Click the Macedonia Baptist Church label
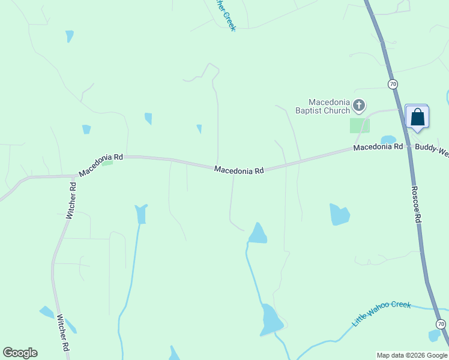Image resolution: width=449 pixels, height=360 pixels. pyautogui.click(x=329, y=106)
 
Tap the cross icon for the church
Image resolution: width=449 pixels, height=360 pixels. pyautogui.click(x=359, y=106)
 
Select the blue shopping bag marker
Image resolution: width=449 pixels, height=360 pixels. pyautogui.click(x=417, y=117)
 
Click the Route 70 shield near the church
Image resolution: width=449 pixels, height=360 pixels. pyautogui.click(x=393, y=84)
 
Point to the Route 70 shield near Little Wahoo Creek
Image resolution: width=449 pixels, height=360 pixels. pyautogui.click(x=441, y=324)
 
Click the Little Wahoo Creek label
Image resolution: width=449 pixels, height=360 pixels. pyautogui.click(x=381, y=313)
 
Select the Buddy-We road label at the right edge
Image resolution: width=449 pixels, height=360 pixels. pyautogui.click(x=432, y=146)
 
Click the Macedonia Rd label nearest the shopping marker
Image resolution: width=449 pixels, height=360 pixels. pyautogui.click(x=378, y=147)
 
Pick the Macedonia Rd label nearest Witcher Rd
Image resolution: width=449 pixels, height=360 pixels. pyautogui.click(x=101, y=164)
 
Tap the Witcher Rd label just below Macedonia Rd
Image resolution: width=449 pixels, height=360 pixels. pyautogui.click(x=71, y=200)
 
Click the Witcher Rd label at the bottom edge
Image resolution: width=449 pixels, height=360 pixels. pyautogui.click(x=62, y=335)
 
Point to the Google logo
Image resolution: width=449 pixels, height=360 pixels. pyautogui.click(x=20, y=353)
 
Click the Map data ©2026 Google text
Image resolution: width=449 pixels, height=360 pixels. pyautogui.click(x=412, y=355)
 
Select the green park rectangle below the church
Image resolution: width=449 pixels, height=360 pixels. pyautogui.click(x=360, y=125)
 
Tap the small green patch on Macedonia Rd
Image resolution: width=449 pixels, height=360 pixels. pyautogui.click(x=107, y=163)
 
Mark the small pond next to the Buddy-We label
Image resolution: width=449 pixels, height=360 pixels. pyautogui.click(x=388, y=140)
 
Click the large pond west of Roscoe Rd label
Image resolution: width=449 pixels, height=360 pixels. pyautogui.click(x=339, y=214)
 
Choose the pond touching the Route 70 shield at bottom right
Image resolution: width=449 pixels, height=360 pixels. pyautogui.click(x=433, y=335)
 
